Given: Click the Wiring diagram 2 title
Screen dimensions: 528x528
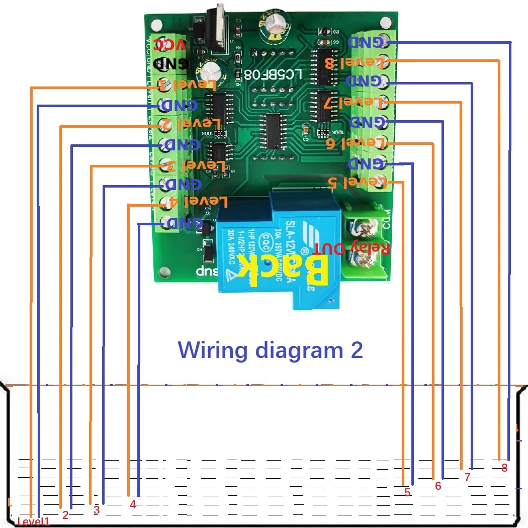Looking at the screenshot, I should [x=271, y=349].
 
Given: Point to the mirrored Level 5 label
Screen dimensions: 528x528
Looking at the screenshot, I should [x=358, y=182].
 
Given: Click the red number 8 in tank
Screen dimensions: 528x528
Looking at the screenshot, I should [x=504, y=467].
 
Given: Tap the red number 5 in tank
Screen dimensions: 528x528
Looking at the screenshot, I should [x=407, y=493].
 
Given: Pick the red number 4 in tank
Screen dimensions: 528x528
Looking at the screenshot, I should [x=133, y=505].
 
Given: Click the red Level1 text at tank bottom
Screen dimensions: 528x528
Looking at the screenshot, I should [x=34, y=522].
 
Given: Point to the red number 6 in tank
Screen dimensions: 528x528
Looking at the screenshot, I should [x=438, y=486].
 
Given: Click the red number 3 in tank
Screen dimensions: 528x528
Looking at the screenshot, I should [x=97, y=510].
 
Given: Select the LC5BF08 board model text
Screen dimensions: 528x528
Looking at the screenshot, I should [x=273, y=74].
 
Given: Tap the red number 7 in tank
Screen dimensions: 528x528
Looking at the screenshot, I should [x=467, y=477].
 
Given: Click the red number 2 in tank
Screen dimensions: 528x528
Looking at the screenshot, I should [x=65, y=515].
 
